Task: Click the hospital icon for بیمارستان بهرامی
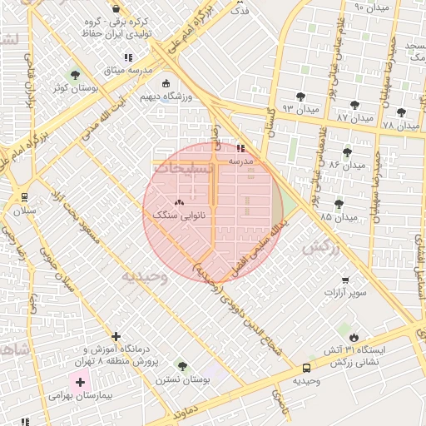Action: pyautogui.click(x=80, y=383)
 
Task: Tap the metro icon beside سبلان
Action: pyautogui.click(x=24, y=197)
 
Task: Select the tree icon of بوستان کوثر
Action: pyautogui.click(x=76, y=75)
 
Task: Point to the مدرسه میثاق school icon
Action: pyautogui.click(x=127, y=57)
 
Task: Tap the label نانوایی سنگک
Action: pyautogui.click(x=179, y=215)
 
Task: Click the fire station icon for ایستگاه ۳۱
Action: pyautogui.click(x=354, y=337)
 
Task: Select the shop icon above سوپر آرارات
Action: pyautogui.click(x=344, y=280)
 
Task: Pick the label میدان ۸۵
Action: pyautogui.click(x=338, y=217)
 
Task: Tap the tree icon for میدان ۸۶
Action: pyautogui.click(x=347, y=152)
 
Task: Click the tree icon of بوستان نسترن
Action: pyautogui.click(x=182, y=367)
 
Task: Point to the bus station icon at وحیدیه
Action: pyautogui.click(x=307, y=368)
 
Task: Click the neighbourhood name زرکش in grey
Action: pyautogui.click(x=322, y=247)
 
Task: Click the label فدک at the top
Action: pyautogui.click(x=239, y=11)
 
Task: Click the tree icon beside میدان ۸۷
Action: pyautogui.click(x=355, y=106)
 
